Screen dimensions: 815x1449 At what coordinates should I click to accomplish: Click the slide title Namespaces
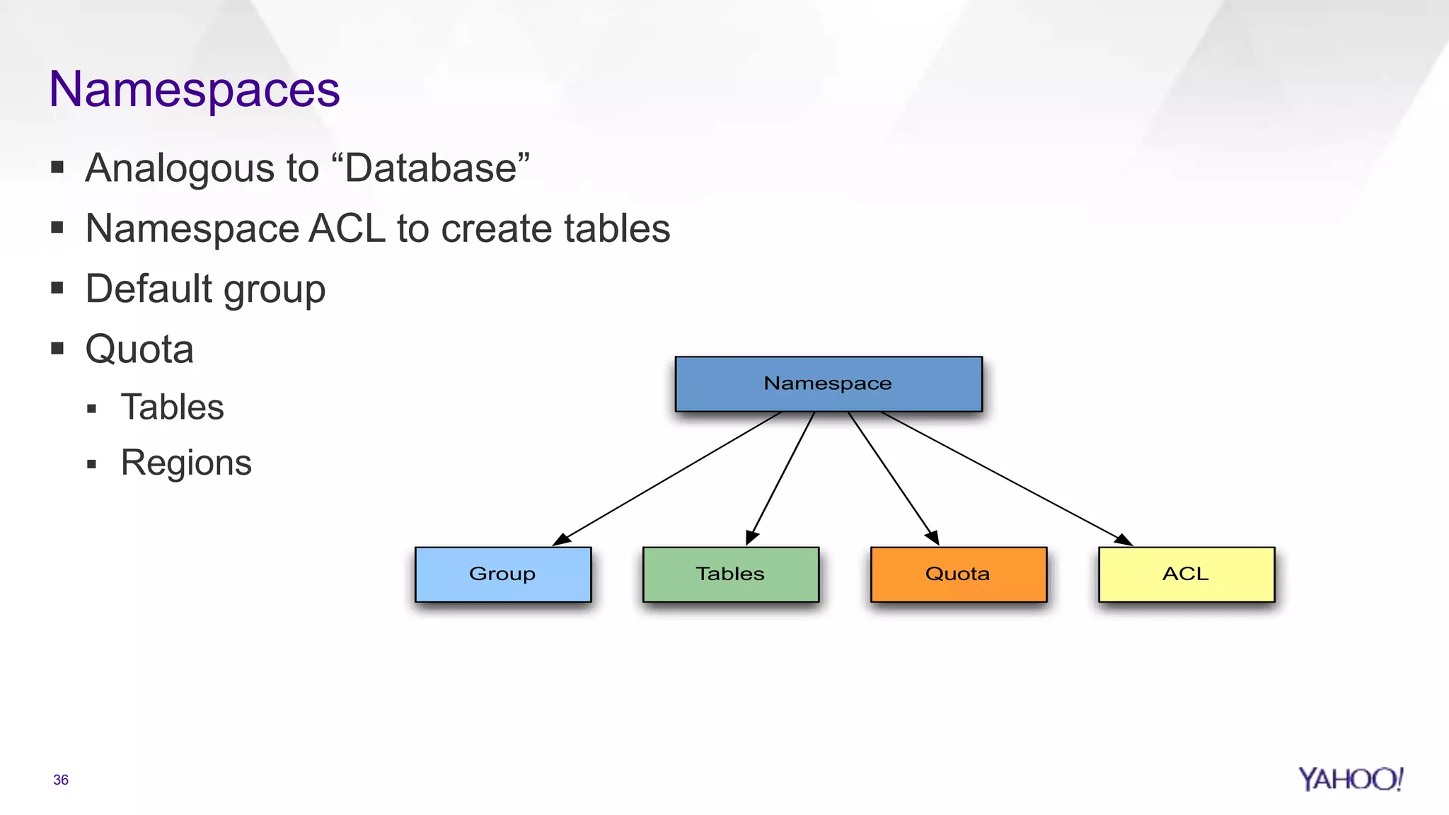click(195, 90)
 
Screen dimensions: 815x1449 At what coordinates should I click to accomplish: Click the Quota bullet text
click(139, 349)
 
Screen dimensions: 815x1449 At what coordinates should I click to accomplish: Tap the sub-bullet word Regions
click(186, 463)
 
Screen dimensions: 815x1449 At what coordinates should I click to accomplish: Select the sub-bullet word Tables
click(172, 407)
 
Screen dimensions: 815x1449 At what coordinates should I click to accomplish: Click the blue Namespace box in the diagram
click(829, 384)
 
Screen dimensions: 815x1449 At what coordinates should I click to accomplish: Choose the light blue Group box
click(503, 574)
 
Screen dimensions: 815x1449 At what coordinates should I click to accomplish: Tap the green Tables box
click(731, 574)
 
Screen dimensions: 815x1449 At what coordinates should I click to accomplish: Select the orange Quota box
click(959, 574)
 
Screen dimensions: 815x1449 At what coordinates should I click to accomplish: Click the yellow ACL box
click(1187, 574)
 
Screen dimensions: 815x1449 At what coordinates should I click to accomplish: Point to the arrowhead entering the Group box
click(561, 540)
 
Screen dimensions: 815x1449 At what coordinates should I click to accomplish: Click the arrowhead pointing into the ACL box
click(1124, 540)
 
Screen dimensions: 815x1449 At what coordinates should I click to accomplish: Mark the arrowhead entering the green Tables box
click(751, 538)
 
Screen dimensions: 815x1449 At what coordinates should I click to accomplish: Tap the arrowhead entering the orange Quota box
click(933, 538)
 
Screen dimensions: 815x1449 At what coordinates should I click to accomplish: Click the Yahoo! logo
click(1350, 779)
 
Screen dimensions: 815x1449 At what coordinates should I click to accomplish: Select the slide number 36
click(61, 780)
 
